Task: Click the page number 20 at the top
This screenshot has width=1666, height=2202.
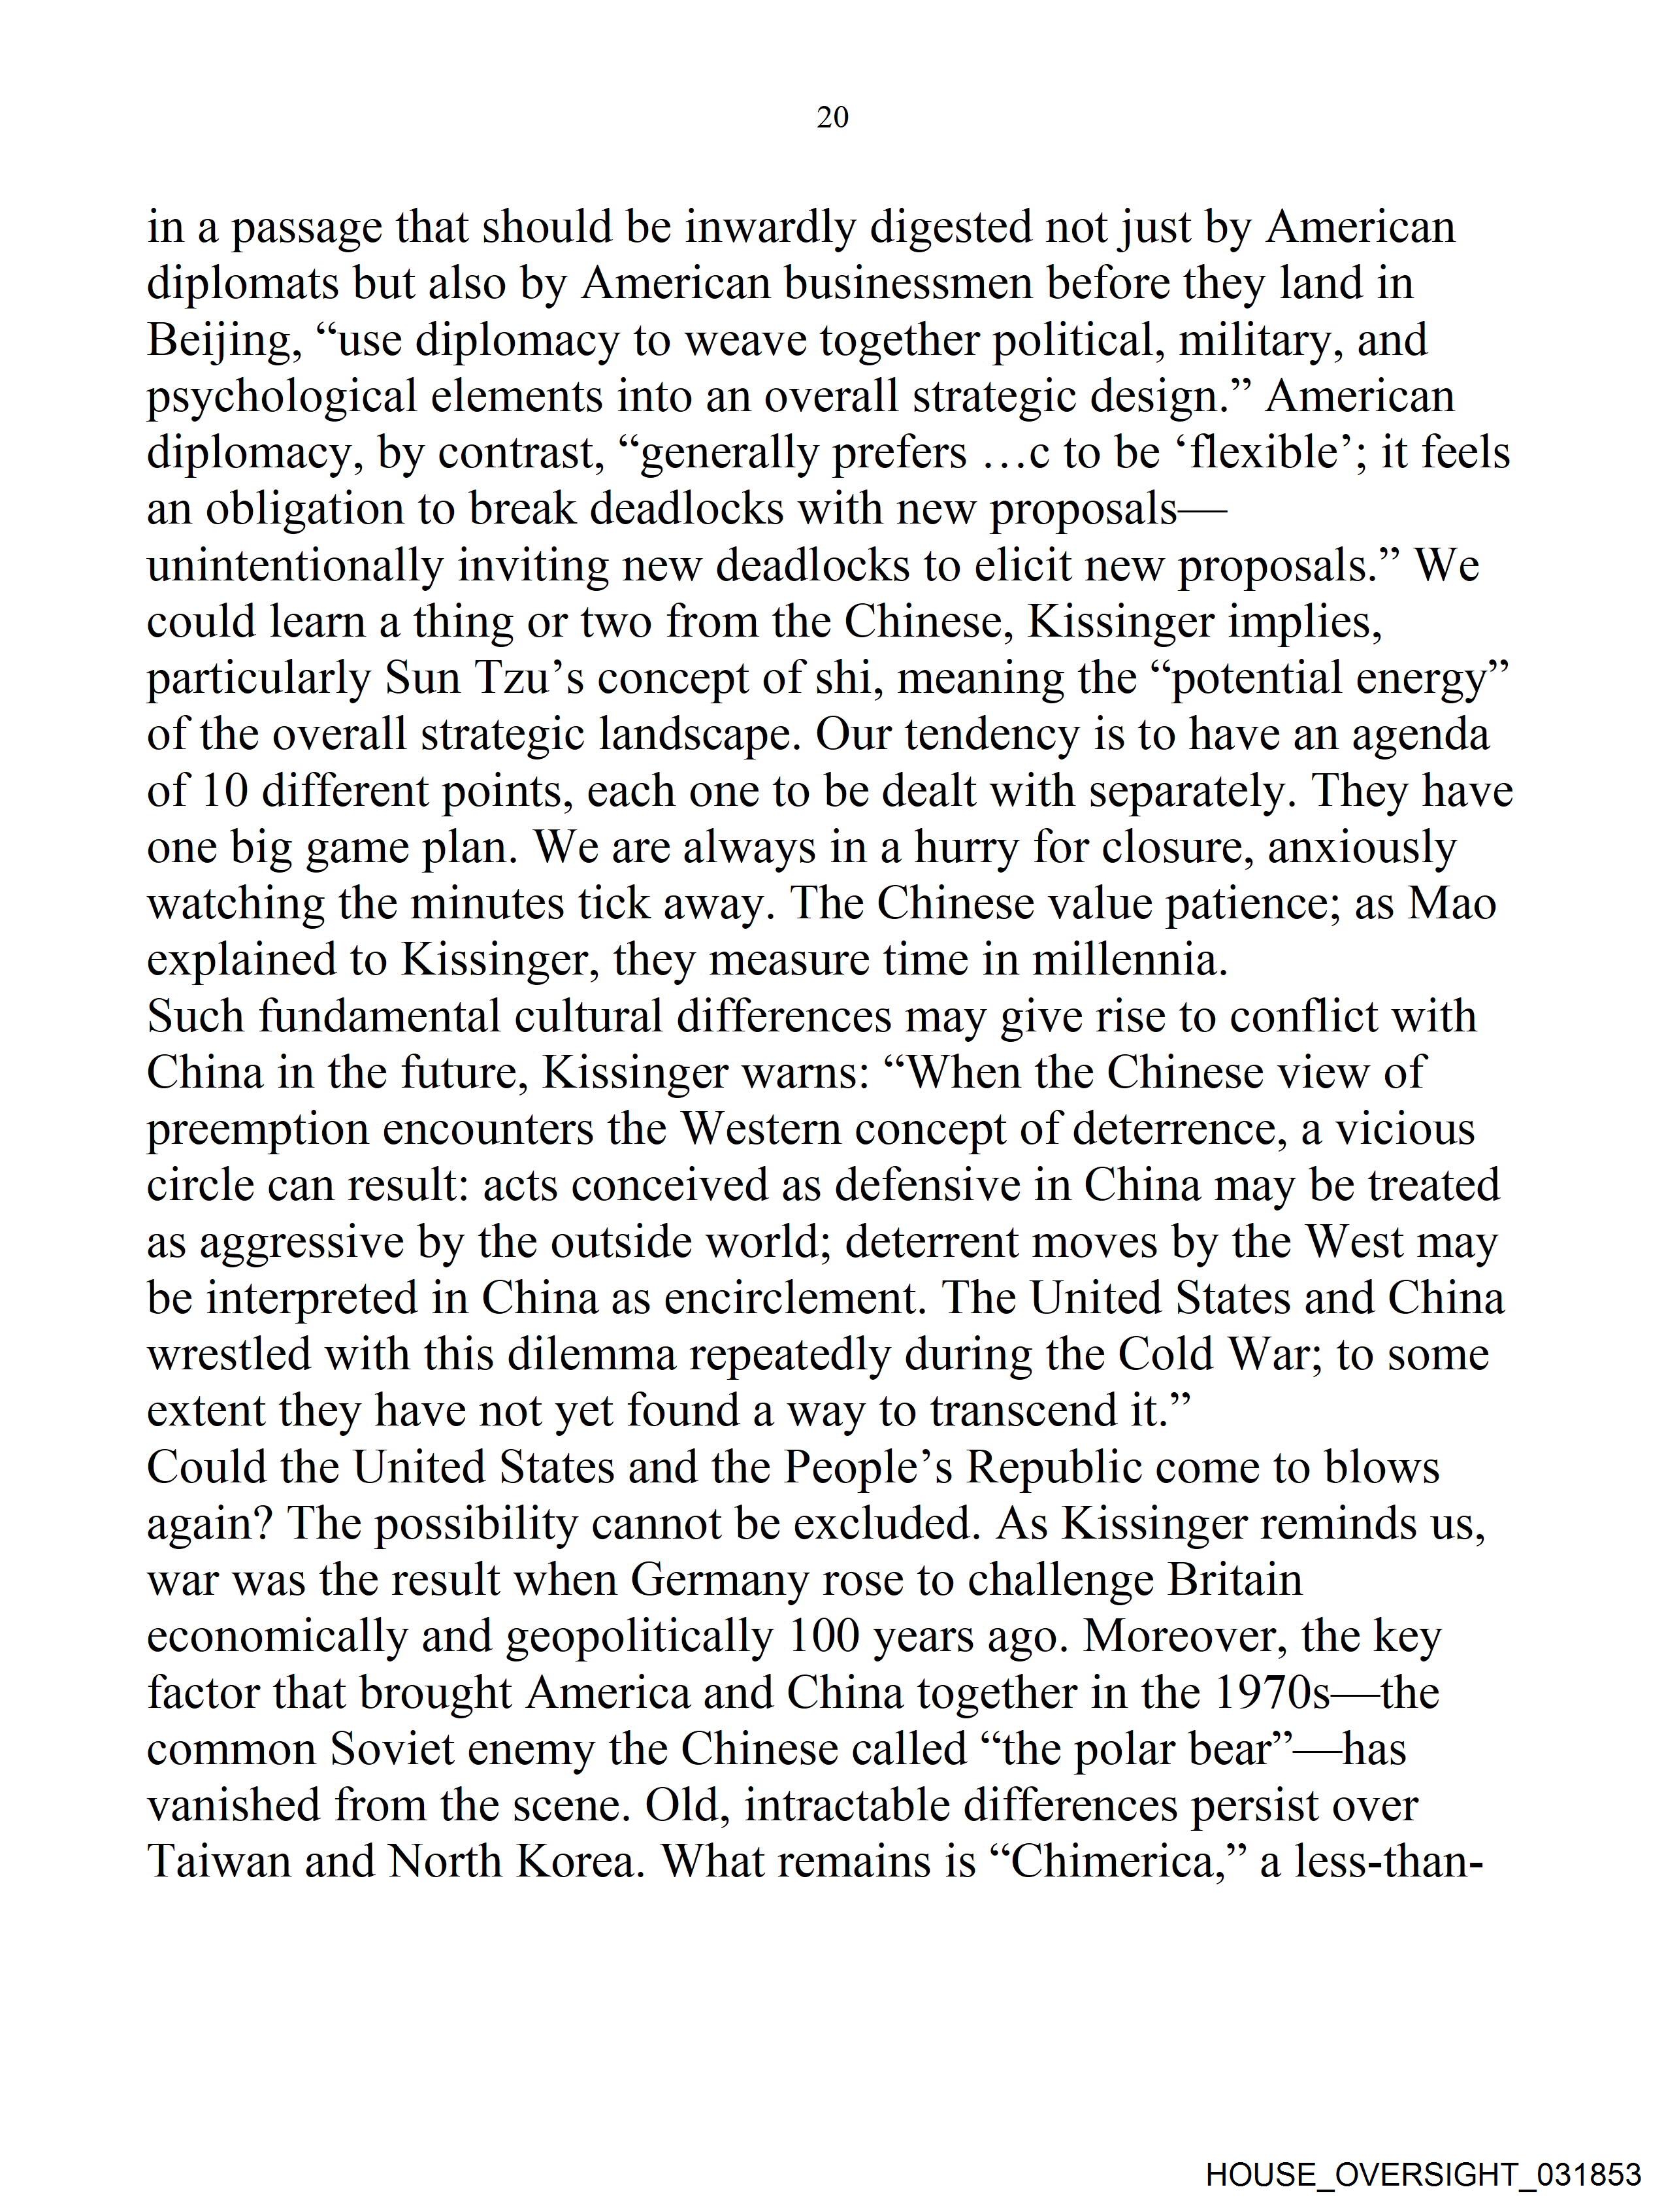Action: pyautogui.click(x=832, y=118)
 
